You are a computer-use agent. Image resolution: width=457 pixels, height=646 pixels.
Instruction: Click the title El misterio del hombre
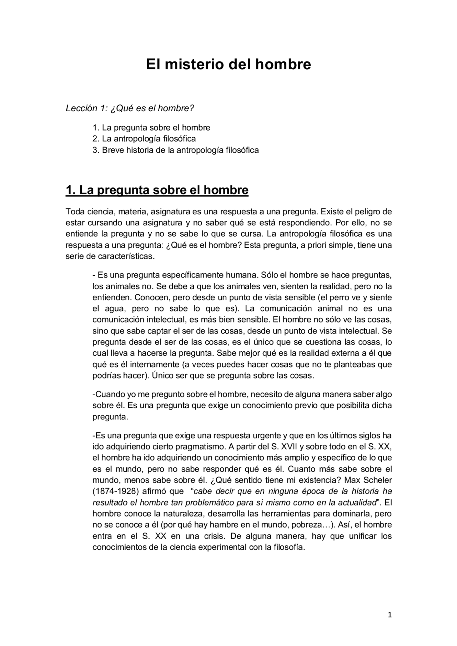[x=228, y=64]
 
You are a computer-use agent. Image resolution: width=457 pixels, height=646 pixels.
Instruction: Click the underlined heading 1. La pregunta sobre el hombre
[x=157, y=190]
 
